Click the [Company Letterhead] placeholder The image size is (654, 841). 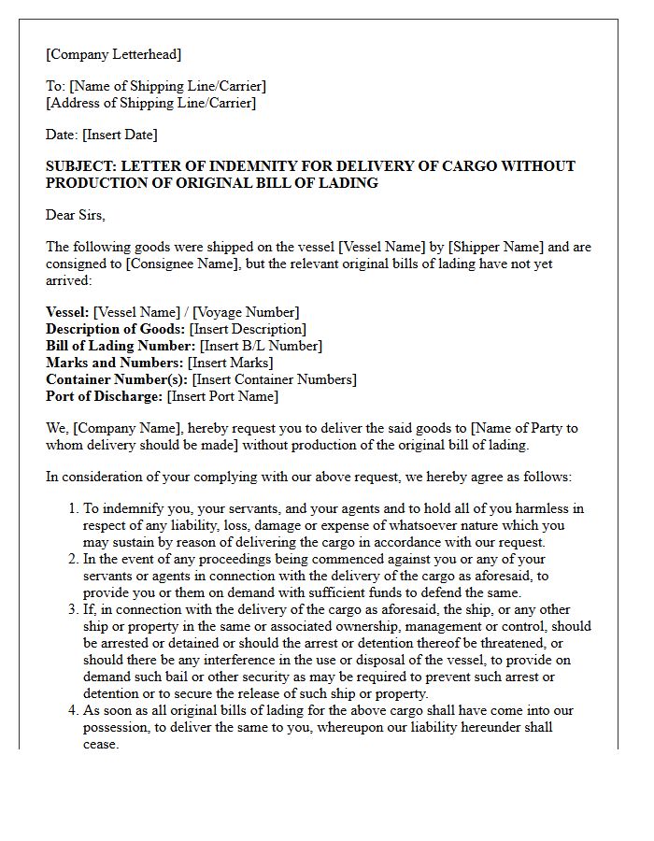(114, 54)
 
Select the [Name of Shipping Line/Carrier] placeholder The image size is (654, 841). (167, 86)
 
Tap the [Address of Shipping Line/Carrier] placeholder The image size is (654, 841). (150, 103)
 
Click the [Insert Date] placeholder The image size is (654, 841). (121, 135)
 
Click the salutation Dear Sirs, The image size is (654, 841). (76, 215)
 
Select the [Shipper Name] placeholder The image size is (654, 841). (491, 248)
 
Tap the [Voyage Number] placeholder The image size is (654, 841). (246, 312)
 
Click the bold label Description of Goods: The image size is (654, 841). (115, 329)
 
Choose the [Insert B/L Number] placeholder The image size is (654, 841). (261, 346)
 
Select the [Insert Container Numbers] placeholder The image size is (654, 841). (274, 379)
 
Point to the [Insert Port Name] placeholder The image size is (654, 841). (222, 396)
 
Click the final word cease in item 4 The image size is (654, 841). (101, 744)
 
